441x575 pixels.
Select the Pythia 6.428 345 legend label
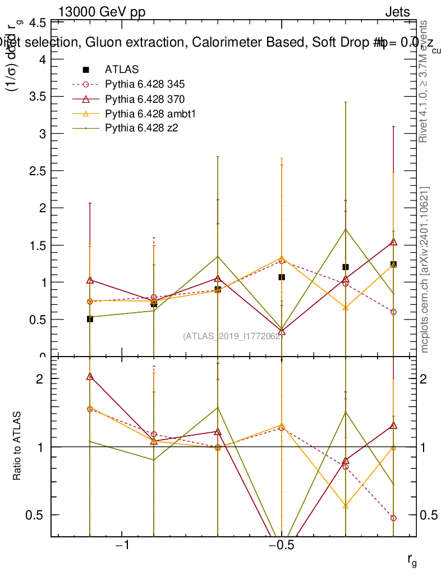coord(145,84)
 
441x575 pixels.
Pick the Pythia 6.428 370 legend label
coord(145,99)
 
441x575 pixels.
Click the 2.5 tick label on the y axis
coord(37,171)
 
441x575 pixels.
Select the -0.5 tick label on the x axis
coord(280,546)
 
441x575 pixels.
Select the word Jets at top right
coord(397,12)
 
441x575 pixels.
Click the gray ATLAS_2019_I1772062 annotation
coord(232,336)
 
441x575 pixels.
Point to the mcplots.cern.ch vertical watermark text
coord(425,270)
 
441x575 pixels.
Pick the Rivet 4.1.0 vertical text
coord(424,81)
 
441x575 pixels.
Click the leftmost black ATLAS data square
coord(90,319)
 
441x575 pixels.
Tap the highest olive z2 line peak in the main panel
coord(346,229)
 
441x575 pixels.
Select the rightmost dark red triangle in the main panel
coord(393,242)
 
